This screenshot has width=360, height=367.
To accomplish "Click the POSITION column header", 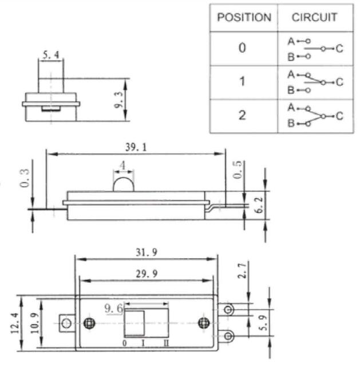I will click(243, 17).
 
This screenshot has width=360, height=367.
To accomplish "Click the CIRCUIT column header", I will click(314, 17).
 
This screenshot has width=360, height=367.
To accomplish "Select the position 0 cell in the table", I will click(243, 49).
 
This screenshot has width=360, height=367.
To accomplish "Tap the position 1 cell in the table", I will click(243, 82).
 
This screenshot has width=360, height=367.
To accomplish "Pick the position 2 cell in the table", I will click(243, 115).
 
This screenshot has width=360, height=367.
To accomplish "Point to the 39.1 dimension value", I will click(136, 147).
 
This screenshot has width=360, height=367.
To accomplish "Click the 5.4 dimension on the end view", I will click(50, 56).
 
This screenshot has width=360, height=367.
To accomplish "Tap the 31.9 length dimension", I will click(146, 253).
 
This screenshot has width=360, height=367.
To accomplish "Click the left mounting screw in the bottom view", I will click(88, 323).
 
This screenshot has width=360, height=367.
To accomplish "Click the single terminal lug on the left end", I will click(66, 323).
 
